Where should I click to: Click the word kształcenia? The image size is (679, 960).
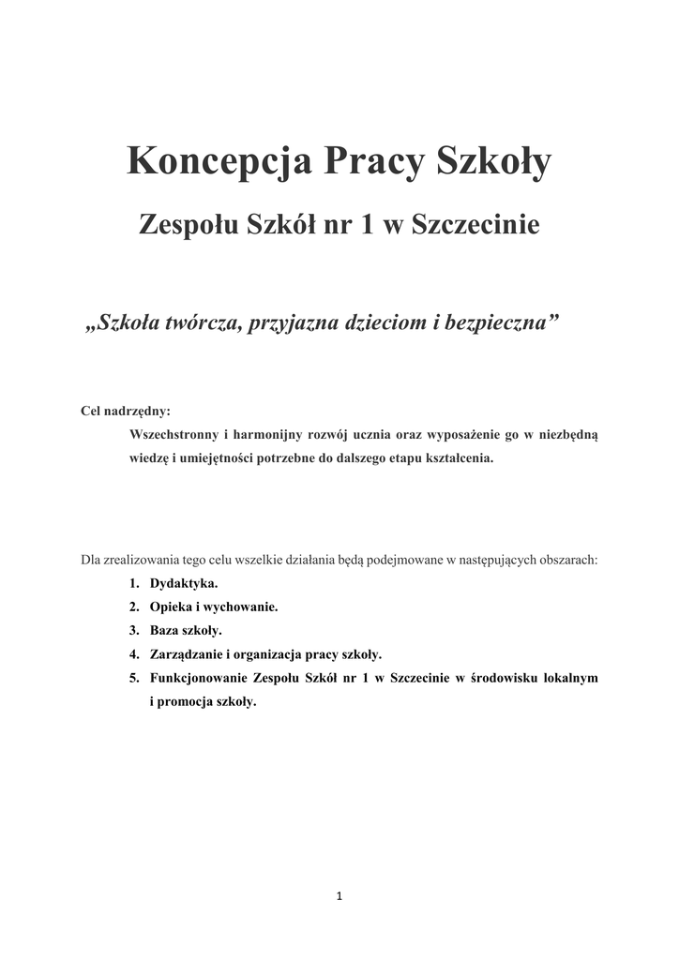pyautogui.click(x=456, y=460)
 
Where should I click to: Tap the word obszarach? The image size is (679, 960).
pyautogui.click(x=565, y=560)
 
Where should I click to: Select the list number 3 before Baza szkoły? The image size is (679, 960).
pyautogui.click(x=134, y=630)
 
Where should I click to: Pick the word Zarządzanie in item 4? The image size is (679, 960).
pyautogui.click(x=187, y=654)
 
